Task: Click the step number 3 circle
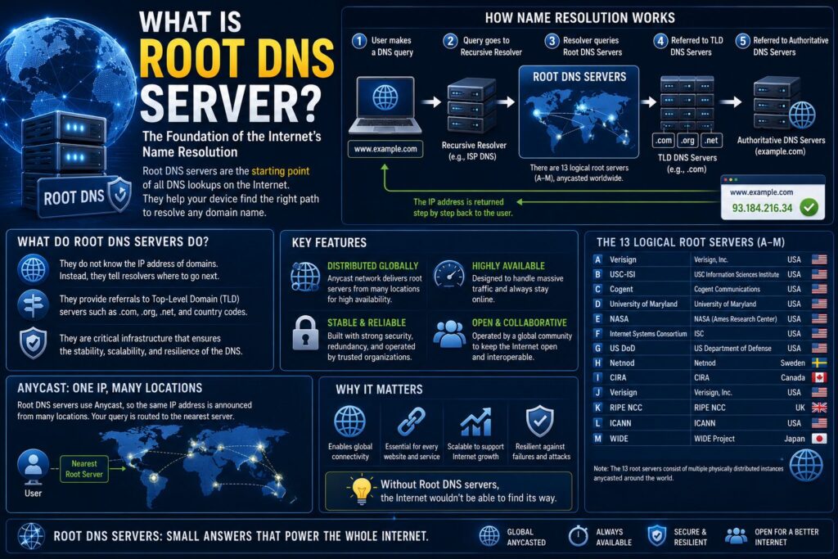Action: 552,41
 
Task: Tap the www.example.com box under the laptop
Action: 385,149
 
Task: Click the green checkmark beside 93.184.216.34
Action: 809,207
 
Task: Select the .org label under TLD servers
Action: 687,141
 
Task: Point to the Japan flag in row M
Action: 818,438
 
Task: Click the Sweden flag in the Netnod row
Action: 818,363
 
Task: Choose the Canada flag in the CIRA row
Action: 818,377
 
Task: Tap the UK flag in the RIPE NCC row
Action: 818,408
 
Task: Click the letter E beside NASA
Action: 598,318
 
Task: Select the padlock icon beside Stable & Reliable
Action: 306,333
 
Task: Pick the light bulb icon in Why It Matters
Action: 361,489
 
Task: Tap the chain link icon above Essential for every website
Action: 412,422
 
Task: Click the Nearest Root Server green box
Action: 84,469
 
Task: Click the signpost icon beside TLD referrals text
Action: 33,304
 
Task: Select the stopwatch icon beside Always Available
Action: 578,535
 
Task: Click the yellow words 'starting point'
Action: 280,171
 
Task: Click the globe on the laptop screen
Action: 385,97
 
